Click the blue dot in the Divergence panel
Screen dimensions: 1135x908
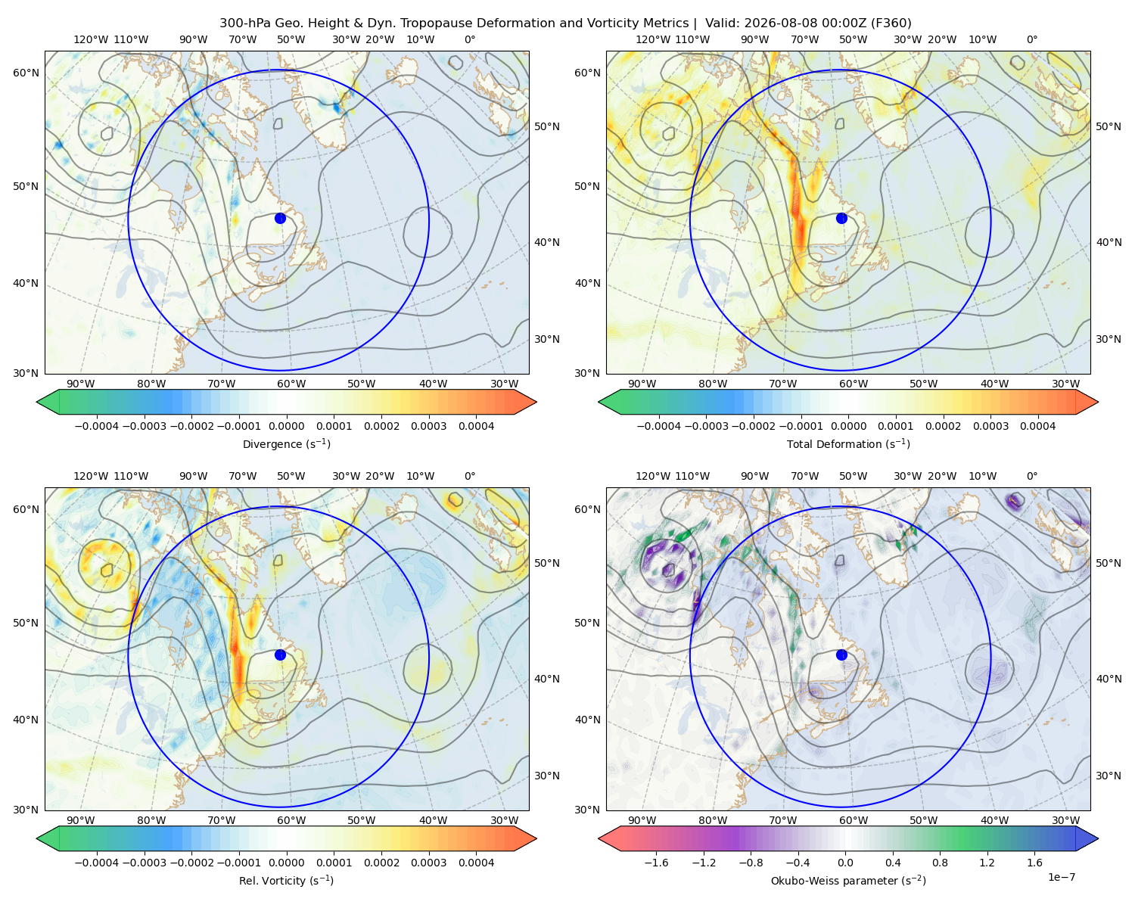pos(280,218)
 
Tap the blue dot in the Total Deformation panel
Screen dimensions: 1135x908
pos(841,218)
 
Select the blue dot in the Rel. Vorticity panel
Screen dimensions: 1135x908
pos(280,655)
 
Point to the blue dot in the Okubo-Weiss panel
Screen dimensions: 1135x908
pos(841,655)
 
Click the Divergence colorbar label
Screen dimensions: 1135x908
pos(286,444)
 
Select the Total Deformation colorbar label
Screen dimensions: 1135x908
pos(848,444)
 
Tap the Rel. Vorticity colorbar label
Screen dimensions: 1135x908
pos(286,881)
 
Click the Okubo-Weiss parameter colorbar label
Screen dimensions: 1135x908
pos(848,881)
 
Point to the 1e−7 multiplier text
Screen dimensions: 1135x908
pos(1061,877)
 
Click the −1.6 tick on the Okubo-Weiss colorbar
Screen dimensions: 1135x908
pos(656,863)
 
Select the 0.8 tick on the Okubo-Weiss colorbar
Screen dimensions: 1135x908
pos(940,863)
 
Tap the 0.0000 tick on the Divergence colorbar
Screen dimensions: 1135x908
pos(286,426)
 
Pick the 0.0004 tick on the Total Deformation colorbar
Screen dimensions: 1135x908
pos(1037,426)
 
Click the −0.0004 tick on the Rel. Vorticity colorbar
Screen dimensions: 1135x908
pos(97,863)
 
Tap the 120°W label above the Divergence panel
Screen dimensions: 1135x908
pos(91,39)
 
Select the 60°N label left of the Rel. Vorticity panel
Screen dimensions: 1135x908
pos(26,509)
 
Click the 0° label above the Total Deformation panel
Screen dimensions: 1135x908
pos(1031,39)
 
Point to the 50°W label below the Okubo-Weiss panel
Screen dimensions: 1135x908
pos(923,820)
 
